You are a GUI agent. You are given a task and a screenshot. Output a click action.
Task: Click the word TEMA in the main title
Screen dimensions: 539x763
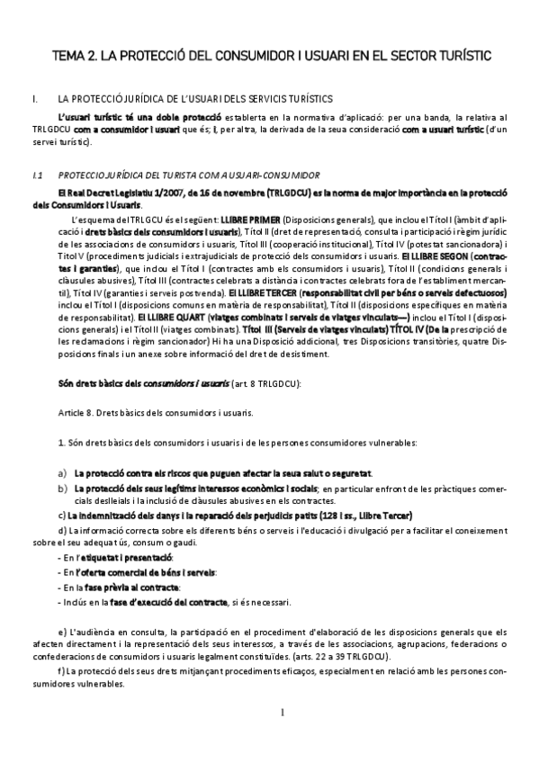coord(71,56)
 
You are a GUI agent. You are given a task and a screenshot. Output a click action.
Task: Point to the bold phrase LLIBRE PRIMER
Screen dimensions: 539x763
coord(249,220)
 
